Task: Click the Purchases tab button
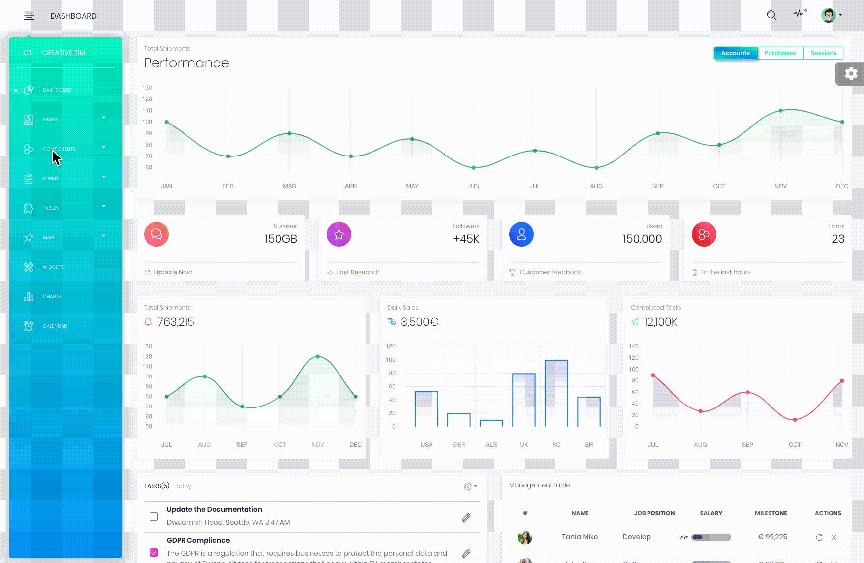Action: click(x=780, y=53)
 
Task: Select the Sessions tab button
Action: click(x=823, y=53)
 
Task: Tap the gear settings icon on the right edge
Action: click(x=851, y=74)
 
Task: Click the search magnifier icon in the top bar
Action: click(x=771, y=15)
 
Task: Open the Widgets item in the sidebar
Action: click(x=53, y=267)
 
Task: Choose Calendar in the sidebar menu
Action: click(x=55, y=326)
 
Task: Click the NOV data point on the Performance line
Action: click(x=781, y=111)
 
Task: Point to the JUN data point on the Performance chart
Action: click(x=474, y=168)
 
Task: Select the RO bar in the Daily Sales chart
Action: click(x=556, y=393)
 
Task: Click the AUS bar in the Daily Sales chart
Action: click(x=491, y=423)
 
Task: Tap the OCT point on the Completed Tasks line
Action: click(x=795, y=420)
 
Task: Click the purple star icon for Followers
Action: click(x=339, y=234)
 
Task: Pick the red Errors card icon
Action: click(x=704, y=234)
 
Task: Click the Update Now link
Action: click(x=173, y=272)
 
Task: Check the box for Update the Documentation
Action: click(x=154, y=516)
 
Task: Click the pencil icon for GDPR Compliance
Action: click(x=465, y=554)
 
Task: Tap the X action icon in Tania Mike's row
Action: click(x=834, y=537)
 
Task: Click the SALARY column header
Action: click(x=711, y=513)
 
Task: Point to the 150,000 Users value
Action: click(x=642, y=239)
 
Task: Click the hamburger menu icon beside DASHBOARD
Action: click(x=29, y=16)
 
